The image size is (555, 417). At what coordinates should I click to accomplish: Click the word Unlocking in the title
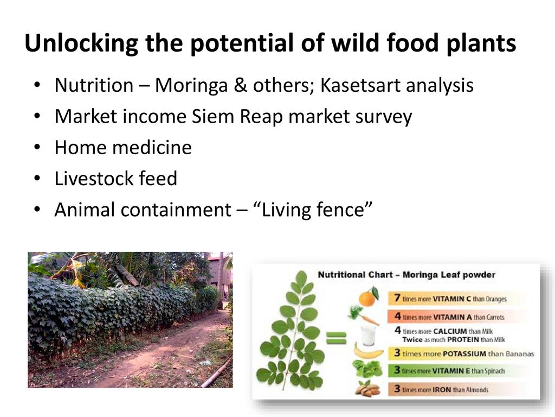point(81,43)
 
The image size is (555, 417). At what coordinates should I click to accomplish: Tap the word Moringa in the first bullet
point(191,86)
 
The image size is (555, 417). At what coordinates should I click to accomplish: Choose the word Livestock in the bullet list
point(94,178)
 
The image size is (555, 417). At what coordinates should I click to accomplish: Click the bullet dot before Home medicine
point(37,148)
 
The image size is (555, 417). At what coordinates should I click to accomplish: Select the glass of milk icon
point(368,335)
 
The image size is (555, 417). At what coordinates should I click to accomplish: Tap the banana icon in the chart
point(369,351)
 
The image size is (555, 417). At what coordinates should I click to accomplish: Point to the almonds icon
point(368,388)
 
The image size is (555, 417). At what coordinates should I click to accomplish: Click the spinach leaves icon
point(367,369)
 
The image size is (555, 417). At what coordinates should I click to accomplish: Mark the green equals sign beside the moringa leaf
point(336,338)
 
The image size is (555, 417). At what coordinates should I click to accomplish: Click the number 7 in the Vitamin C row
point(397,298)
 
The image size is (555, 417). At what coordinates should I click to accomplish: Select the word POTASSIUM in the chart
point(464,353)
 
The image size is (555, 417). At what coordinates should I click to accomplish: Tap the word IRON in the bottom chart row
point(442,390)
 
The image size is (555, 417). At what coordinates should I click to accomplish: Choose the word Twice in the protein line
point(412,340)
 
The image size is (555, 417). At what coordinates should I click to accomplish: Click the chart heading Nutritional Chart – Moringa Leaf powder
point(406,275)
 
